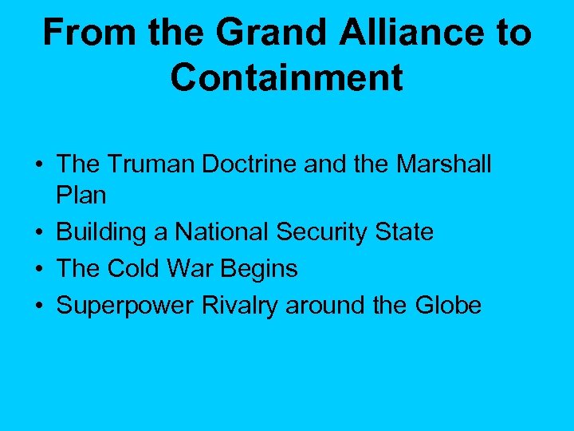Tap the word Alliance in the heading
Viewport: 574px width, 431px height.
pyautogui.click(x=396, y=34)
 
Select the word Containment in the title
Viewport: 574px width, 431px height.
pyautogui.click(x=287, y=78)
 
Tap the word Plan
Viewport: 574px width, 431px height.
pyautogui.click(x=81, y=196)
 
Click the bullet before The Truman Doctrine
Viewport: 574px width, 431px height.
pyautogui.click(x=38, y=166)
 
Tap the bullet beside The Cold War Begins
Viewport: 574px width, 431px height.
pyautogui.click(x=38, y=270)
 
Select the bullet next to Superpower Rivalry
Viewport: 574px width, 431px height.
pyautogui.click(x=38, y=306)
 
